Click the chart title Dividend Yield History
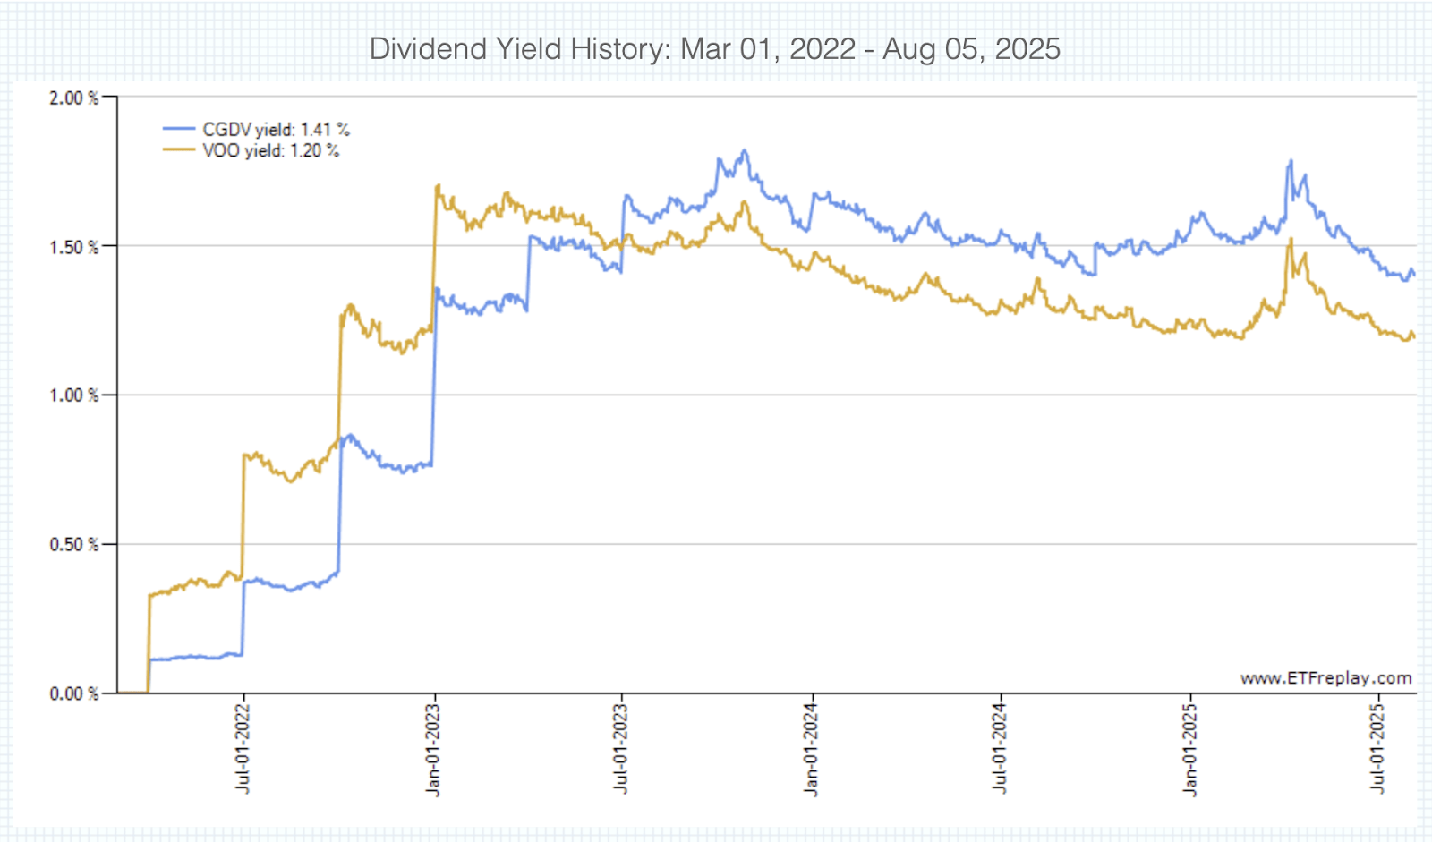pos(714,48)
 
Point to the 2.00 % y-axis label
pos(73,98)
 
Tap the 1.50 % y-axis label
pos(73,247)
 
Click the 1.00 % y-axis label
pos(73,395)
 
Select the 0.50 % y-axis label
pos(73,545)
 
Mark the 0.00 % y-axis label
pos(73,693)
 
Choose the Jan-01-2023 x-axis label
pos(434,749)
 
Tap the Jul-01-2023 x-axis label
pos(621,749)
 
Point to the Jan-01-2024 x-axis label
pos(811,749)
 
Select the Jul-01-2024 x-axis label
pos(1000,749)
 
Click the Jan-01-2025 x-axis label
pos(1190,749)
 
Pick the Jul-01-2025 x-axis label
pos(1378,749)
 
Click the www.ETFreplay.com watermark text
pos(1325,678)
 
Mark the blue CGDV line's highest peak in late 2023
pos(745,151)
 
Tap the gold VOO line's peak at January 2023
pos(438,186)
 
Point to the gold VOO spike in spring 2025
pos(1291,240)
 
